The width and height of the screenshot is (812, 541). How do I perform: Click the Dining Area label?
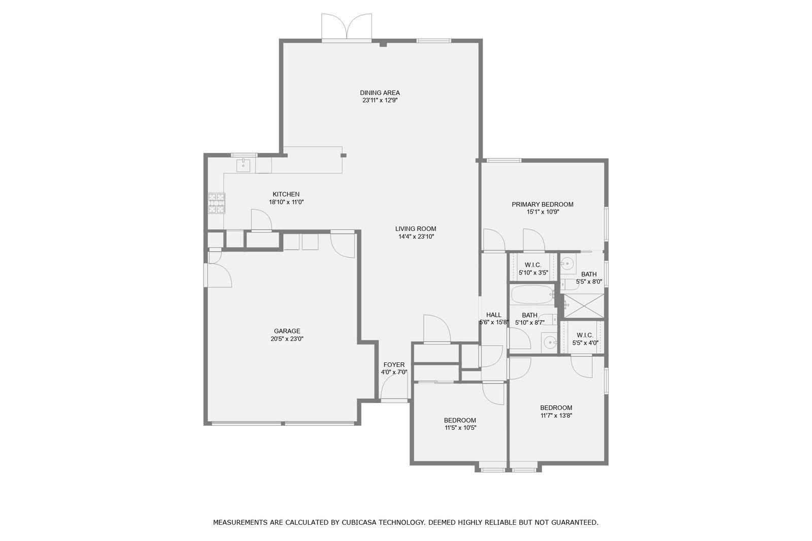(x=380, y=93)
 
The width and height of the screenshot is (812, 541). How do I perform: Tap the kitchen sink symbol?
(x=243, y=165)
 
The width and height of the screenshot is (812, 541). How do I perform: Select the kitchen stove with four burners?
(x=216, y=204)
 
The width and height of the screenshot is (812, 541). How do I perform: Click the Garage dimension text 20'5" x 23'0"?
(x=287, y=339)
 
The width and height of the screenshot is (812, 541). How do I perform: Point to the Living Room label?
(x=416, y=229)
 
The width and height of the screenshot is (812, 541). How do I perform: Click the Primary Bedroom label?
(x=542, y=205)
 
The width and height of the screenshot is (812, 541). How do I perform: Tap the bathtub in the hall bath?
(x=532, y=295)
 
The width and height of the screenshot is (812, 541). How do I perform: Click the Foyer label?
(x=394, y=365)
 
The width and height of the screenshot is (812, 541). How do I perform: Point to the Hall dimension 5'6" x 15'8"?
(x=493, y=322)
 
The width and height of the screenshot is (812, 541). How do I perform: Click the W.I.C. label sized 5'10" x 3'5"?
(x=533, y=265)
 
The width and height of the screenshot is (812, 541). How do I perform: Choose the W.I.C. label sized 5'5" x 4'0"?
(x=585, y=335)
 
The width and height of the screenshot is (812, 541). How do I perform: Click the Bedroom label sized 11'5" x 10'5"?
(x=460, y=420)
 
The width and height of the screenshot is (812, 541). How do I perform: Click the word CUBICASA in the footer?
(x=361, y=522)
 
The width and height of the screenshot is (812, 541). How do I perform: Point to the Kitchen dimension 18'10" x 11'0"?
(x=286, y=202)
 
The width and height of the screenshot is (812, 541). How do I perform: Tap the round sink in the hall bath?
(x=549, y=343)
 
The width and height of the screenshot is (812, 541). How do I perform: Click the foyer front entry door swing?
(x=393, y=389)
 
